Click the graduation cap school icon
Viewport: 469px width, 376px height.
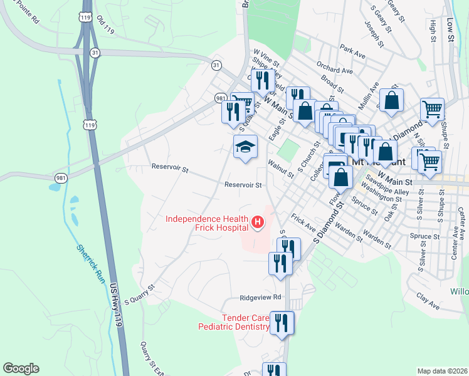point(246,148)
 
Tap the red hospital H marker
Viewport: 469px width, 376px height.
point(257,222)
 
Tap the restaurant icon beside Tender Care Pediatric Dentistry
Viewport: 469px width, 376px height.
point(282,323)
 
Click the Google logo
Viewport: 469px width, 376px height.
point(21,368)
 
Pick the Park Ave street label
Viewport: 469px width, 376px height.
point(352,51)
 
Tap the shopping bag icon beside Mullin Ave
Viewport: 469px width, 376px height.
point(391,100)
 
